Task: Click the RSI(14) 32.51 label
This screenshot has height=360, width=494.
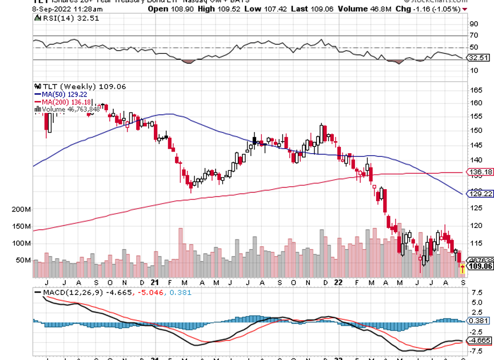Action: (x=58, y=18)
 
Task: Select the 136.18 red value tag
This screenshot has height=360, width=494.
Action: (x=480, y=171)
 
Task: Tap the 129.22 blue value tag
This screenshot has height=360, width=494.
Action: (x=480, y=194)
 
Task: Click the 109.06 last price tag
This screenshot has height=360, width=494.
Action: (x=480, y=266)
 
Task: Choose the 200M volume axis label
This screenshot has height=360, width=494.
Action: (x=20, y=210)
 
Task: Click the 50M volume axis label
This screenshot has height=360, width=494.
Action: (x=22, y=260)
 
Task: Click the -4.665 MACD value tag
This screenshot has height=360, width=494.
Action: (x=480, y=341)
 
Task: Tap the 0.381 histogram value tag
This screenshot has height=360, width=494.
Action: (x=480, y=321)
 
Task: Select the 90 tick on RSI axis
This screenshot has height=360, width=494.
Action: (x=474, y=24)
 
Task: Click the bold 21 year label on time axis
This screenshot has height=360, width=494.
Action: (x=155, y=282)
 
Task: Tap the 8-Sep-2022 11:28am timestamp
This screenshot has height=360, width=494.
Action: (x=36, y=9)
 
